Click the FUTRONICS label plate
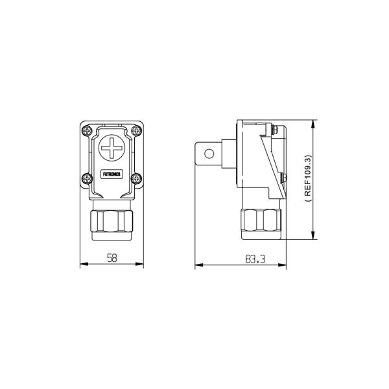coord(112,174)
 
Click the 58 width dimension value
coord(112,258)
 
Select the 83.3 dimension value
coord(255,259)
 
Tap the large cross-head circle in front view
coord(112,148)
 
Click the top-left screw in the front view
coord(88,130)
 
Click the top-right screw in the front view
coord(136,130)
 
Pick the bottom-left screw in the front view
coord(88,178)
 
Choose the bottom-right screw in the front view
coord(136,178)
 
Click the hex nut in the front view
coord(112,221)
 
